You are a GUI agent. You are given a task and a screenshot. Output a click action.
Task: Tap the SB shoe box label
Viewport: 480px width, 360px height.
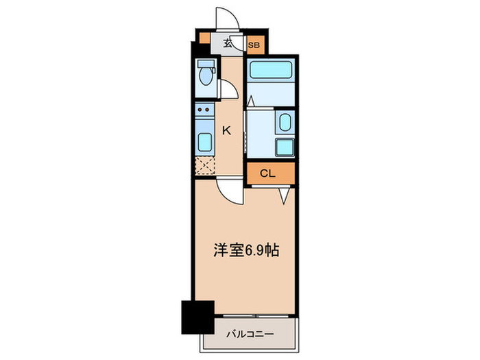254,46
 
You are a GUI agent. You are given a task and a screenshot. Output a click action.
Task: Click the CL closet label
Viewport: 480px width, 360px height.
268,173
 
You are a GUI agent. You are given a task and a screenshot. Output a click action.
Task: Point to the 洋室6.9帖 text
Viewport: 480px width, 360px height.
245,251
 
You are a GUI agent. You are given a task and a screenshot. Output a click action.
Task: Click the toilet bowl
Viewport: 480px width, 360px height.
204,74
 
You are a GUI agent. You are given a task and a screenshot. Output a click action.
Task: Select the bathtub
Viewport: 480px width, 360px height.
270,71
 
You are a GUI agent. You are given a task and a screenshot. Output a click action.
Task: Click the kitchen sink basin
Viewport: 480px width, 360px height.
204,143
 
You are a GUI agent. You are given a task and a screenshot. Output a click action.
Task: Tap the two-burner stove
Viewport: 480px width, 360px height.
204,109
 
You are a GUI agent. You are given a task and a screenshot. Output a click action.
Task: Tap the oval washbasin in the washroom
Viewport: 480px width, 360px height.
285,123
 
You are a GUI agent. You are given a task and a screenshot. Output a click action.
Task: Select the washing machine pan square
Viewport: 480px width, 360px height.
284,147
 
